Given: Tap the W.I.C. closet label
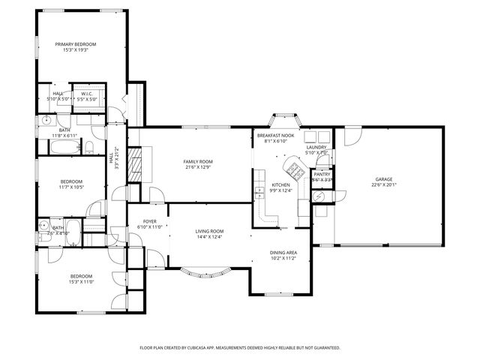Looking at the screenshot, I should coord(86,94).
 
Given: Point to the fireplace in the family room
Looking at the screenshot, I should coord(136,161).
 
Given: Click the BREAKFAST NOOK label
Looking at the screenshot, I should coord(275,136).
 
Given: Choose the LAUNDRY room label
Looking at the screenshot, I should coord(316,147).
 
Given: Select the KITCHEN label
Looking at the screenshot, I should coord(280,184).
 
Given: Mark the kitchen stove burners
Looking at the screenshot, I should coord(295,172).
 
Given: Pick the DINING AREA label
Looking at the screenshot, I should coord(284,253).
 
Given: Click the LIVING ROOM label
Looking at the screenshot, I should coord(210,231).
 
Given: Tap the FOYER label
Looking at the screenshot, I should coord(151,221).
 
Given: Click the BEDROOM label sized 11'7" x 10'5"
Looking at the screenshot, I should coord(72,181).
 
